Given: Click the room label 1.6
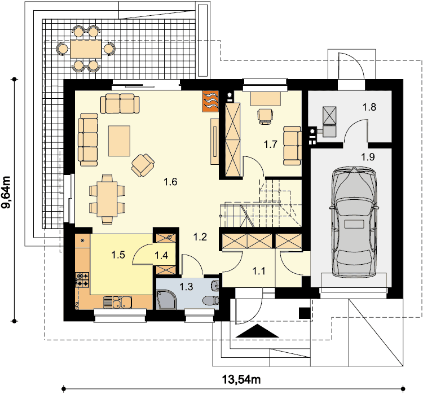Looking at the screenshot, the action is pyautogui.click(x=170, y=182).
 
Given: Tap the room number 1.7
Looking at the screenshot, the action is pyautogui.click(x=271, y=145).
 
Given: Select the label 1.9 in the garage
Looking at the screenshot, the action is pyautogui.click(x=368, y=156).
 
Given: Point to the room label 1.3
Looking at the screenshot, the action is pyautogui.click(x=187, y=287).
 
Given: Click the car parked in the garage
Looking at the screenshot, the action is pyautogui.click(x=354, y=222).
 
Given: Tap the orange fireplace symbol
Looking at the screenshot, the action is pyautogui.click(x=210, y=101).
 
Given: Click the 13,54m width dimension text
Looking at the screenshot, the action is pyautogui.click(x=241, y=379).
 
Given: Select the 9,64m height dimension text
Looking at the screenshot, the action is pyautogui.click(x=6, y=192).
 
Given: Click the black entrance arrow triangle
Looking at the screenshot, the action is pyautogui.click(x=257, y=331).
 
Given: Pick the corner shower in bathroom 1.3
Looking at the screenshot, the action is pyautogui.click(x=166, y=299).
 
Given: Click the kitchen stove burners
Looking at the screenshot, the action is pyautogui.click(x=83, y=280).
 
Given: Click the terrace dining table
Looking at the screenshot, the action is pyautogui.click(x=86, y=49).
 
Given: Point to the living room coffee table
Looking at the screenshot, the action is pyautogui.click(x=119, y=141).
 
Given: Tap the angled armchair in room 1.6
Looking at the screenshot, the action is pyautogui.click(x=143, y=165).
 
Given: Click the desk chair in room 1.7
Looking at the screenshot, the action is pyautogui.click(x=265, y=116).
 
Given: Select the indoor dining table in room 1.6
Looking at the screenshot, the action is pyautogui.click(x=107, y=199).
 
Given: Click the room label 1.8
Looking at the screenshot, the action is pyautogui.click(x=369, y=107).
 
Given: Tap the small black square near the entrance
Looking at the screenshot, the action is pyautogui.click(x=305, y=313).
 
